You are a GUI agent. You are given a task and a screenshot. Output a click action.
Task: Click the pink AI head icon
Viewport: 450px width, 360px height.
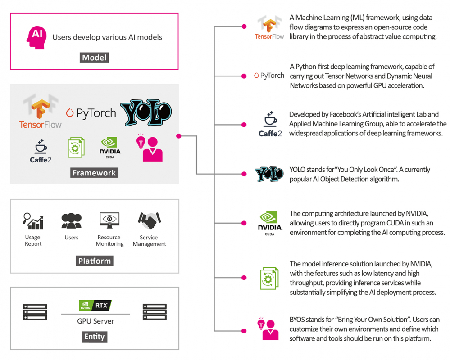click(36, 37)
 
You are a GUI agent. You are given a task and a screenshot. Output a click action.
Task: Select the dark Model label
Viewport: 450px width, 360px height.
click(95, 58)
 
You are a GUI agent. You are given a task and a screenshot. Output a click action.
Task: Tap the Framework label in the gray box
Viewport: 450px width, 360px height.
click(95, 173)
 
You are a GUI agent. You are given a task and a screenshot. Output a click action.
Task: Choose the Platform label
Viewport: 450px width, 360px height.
click(95, 261)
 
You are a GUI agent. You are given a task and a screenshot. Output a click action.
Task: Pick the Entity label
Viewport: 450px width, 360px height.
click(95, 337)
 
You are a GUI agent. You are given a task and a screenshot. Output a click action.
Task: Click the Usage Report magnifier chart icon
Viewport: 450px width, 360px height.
click(33, 221)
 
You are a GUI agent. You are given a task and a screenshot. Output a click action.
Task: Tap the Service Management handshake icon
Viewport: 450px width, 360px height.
click(149, 221)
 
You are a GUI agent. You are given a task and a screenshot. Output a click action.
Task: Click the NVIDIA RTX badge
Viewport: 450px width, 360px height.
click(95, 306)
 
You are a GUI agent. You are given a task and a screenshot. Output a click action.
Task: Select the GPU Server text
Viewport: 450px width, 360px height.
click(95, 321)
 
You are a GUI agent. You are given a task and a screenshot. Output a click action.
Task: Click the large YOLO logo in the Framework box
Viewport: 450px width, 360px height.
click(146, 113)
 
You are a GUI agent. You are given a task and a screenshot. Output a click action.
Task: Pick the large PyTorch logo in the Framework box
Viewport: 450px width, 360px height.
click(91, 112)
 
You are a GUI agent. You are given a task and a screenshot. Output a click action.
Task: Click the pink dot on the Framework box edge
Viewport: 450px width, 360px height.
click(179, 135)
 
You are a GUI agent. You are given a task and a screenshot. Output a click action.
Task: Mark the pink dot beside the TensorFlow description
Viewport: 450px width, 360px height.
click(244, 27)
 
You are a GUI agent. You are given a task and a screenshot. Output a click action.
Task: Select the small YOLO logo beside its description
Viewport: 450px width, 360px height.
click(269, 174)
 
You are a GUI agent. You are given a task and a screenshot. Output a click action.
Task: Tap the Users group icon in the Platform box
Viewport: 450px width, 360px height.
click(72, 221)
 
